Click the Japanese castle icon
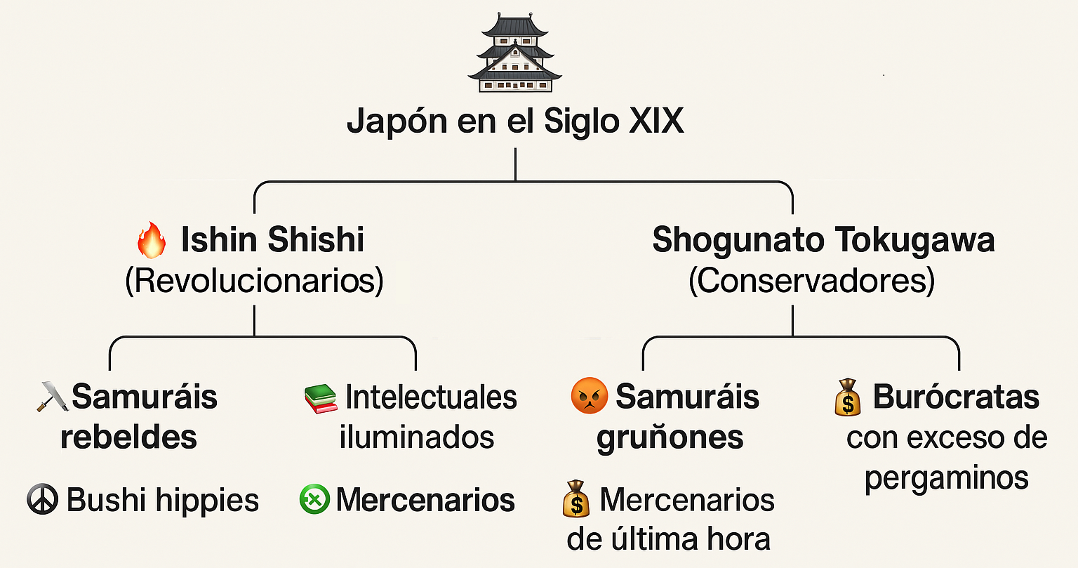515,53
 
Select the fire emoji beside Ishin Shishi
152,239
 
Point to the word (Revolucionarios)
254,280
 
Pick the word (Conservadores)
812,280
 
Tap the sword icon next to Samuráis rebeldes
53,397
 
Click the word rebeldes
128,437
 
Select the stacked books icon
321,399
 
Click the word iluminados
417,437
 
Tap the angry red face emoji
589,396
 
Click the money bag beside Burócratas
848,397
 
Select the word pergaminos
947,479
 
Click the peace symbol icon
42,499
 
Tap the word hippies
208,501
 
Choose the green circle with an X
314,499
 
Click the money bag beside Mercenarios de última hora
576,498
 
